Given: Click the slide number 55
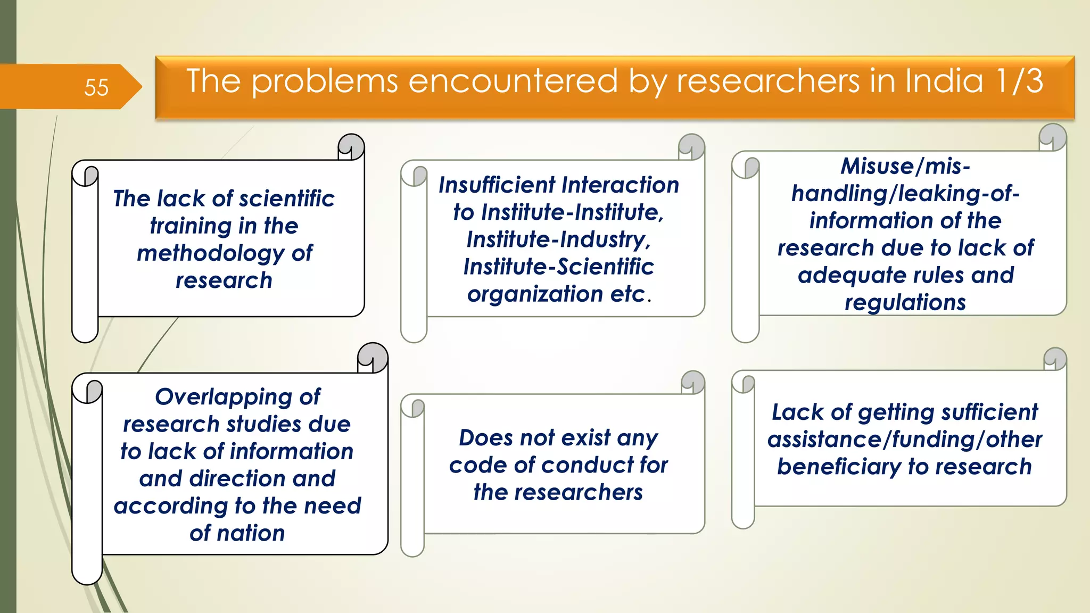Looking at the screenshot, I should (x=96, y=87).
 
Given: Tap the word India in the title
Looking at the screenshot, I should (x=944, y=81).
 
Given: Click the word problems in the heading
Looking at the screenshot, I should (x=324, y=82).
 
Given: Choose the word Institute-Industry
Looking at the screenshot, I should (x=558, y=240).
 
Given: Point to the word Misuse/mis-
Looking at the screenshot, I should (x=905, y=166).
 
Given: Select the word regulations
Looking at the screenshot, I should (x=905, y=303).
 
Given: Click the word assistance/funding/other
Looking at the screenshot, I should (x=904, y=440).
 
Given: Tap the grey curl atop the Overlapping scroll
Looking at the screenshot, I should (x=373, y=355).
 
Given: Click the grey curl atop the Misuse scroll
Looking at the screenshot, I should (x=1053, y=136).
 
